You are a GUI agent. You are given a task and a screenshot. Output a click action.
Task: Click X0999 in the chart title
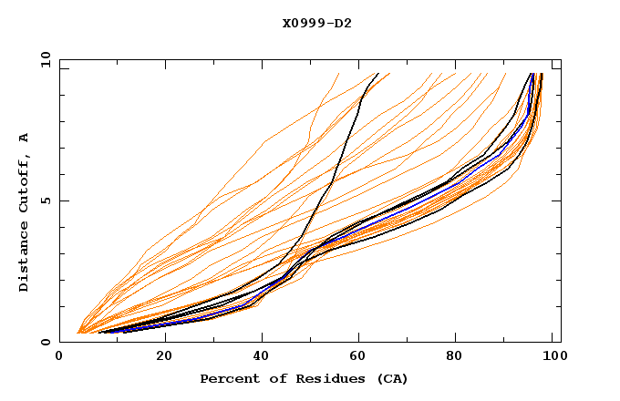coord(303,23)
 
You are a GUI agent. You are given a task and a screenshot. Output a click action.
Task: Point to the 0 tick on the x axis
coord(60,356)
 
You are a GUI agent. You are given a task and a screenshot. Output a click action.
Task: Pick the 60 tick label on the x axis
coord(362,356)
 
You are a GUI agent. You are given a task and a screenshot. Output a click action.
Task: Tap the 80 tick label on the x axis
coord(460,356)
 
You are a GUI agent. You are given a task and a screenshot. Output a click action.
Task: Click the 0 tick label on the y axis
coord(45,342)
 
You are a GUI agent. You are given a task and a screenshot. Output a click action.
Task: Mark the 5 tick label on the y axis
coord(45,200)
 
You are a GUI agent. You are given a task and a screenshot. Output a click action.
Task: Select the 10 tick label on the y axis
coord(42,59)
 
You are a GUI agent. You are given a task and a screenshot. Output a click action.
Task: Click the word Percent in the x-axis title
coord(228,378)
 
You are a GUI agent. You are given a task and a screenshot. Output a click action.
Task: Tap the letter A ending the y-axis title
coord(24,137)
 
